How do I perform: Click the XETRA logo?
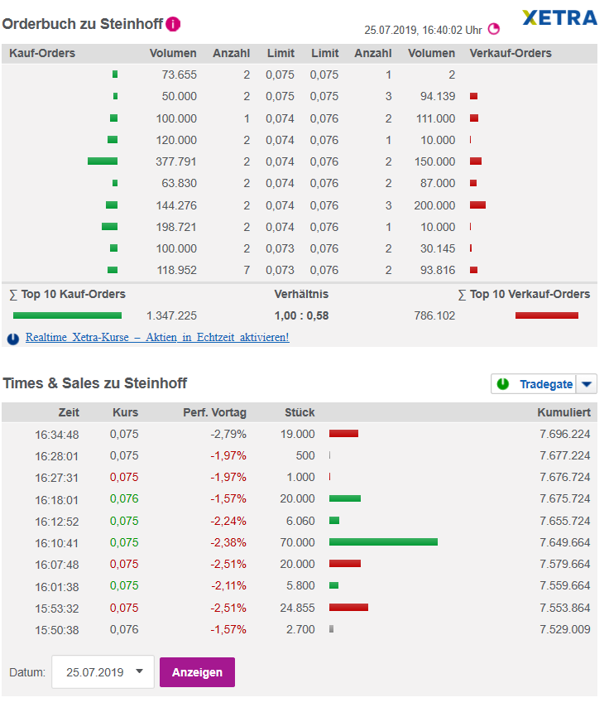(x=559, y=17)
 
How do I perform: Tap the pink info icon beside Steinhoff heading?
(x=172, y=24)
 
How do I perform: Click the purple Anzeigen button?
(x=197, y=672)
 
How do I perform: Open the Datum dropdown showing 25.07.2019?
(x=103, y=672)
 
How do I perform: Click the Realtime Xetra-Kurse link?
(x=157, y=338)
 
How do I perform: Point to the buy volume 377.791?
(x=176, y=161)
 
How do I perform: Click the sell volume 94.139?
(x=437, y=97)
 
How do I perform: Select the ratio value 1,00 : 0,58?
(x=301, y=315)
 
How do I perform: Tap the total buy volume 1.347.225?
(x=171, y=315)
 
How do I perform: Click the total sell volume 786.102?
(x=434, y=315)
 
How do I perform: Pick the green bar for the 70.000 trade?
(x=383, y=541)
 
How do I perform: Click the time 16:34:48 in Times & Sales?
(x=57, y=434)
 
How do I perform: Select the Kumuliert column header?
(x=563, y=412)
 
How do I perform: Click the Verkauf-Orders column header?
(x=511, y=54)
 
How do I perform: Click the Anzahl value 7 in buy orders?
(x=247, y=270)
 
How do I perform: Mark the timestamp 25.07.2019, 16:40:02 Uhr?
(x=423, y=30)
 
